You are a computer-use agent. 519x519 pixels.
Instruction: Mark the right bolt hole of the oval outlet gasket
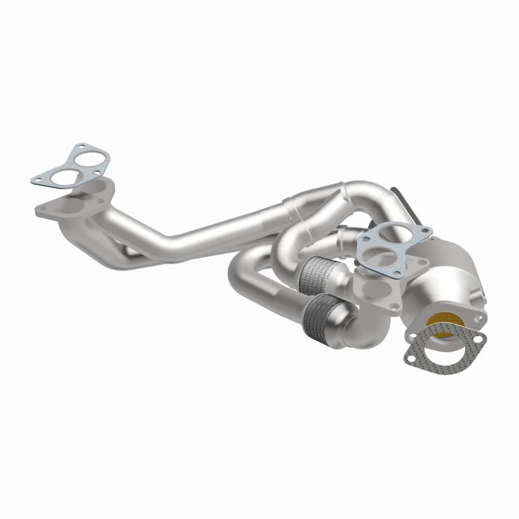pos(479,339)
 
